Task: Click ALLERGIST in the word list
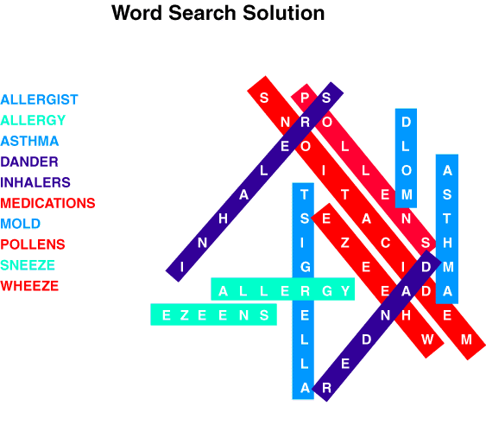point(39,99)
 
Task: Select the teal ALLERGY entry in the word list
point(33,120)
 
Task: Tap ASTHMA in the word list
point(29,141)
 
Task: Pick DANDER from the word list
point(29,162)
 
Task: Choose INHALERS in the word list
point(35,182)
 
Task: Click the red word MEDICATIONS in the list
point(47,203)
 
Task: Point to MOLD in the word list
point(21,224)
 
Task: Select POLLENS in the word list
point(33,244)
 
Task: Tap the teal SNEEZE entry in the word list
point(28,265)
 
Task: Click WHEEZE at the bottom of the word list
point(29,286)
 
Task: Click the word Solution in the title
point(284,13)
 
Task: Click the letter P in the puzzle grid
point(305,98)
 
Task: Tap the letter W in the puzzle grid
point(427,339)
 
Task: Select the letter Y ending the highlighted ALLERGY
point(345,291)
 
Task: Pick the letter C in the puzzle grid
point(385,243)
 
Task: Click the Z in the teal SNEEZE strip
point(185,315)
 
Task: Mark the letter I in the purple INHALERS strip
point(182,267)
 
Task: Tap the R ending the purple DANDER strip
point(326,388)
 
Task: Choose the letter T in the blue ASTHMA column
point(446,219)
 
